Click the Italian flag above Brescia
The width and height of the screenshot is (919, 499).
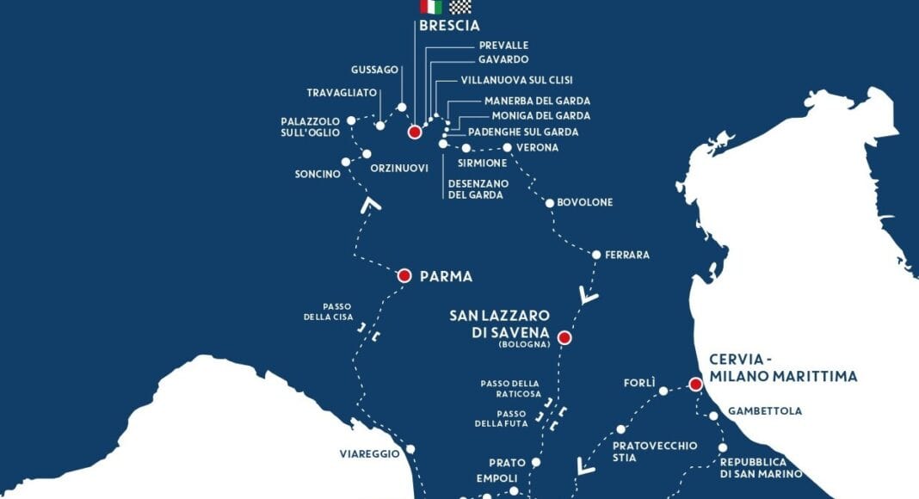431,7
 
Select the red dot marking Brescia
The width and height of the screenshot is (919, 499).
414,132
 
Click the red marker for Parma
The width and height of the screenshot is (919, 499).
404,276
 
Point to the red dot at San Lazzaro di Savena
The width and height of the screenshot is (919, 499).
564,338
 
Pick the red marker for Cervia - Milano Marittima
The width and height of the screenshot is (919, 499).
695,384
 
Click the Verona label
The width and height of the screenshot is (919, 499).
537,148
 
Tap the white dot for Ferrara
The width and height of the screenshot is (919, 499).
596,255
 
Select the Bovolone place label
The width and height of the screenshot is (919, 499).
585,202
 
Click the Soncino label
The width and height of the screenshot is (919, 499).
318,175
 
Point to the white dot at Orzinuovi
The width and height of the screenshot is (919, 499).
367,155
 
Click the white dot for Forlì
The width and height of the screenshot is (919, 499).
663,391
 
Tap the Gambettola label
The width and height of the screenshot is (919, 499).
764,411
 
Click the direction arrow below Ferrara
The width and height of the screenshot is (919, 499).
589,297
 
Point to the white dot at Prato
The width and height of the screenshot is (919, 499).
535,462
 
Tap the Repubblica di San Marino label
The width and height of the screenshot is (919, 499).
761,468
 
